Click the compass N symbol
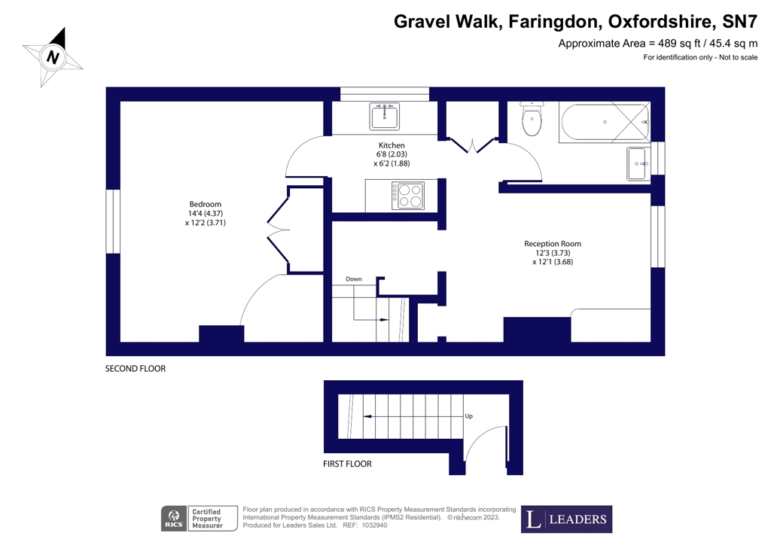[x=53, y=57]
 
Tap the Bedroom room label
[x=206, y=205]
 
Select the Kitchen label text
[x=392, y=145]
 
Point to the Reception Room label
[x=553, y=244]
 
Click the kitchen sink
[x=385, y=117]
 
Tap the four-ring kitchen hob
[x=407, y=195]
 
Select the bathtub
[x=605, y=123]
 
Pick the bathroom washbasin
[x=638, y=163]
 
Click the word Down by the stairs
[x=354, y=279]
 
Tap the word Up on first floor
[x=468, y=416]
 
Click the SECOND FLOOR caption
[x=136, y=369]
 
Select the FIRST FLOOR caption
[x=347, y=464]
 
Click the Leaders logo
[x=566, y=519]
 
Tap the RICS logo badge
[x=174, y=519]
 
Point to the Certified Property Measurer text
[x=207, y=519]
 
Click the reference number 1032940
[x=375, y=525]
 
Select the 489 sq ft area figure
[x=678, y=44]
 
